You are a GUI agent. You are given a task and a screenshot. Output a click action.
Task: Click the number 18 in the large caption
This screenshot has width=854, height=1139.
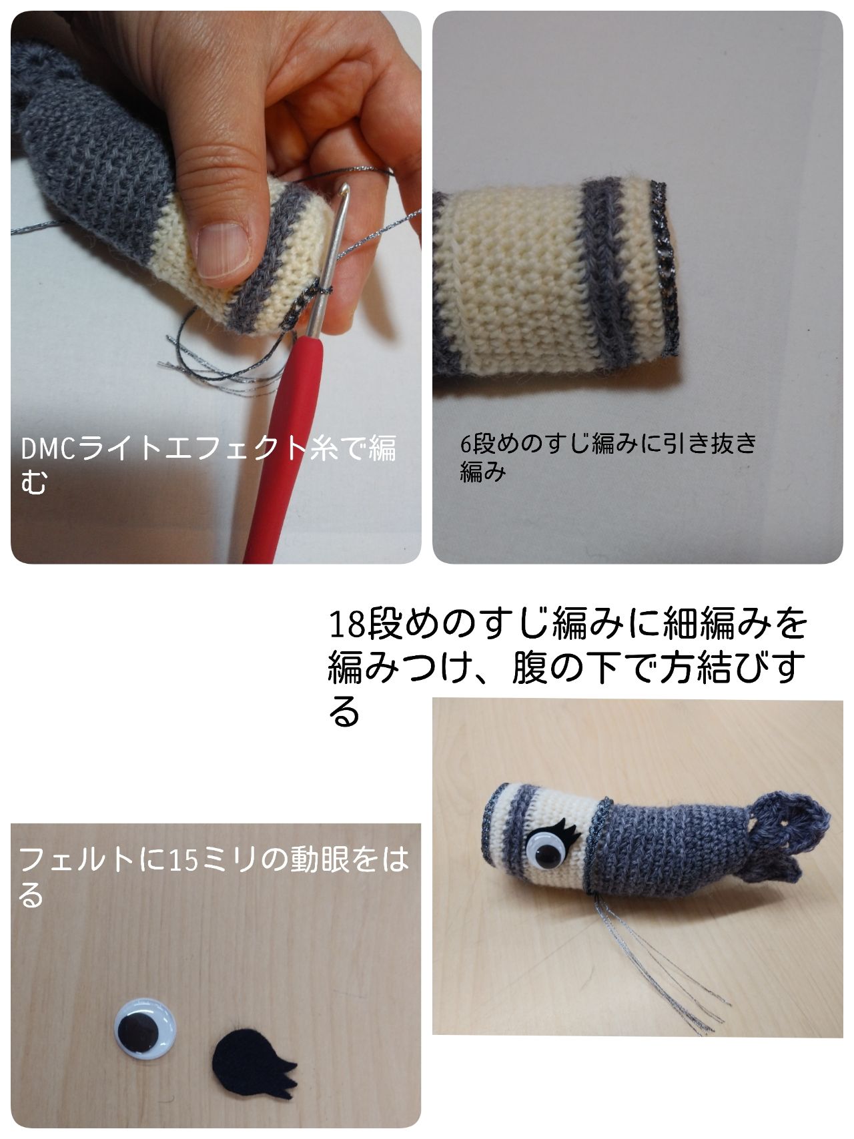coord(349,625)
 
